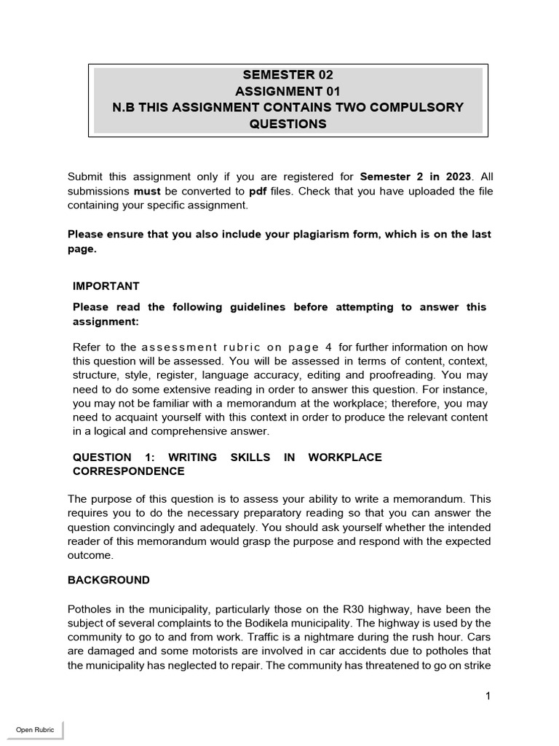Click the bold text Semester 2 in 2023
tap(415, 177)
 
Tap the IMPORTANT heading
tap(106, 286)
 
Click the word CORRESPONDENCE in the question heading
tap(129, 471)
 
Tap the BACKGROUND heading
tap(108, 580)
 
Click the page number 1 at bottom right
tap(488, 696)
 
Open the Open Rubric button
tap(35, 730)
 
